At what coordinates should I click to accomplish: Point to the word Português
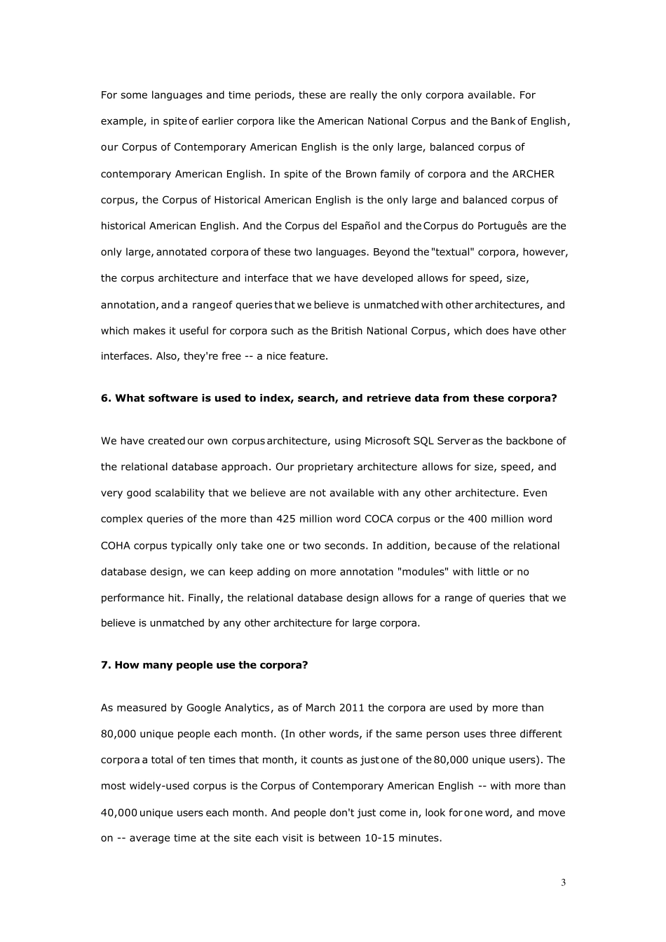pyautogui.click(x=503, y=226)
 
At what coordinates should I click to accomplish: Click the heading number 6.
pyautogui.click(x=106, y=398)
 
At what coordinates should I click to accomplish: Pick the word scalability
pyautogui.click(x=179, y=493)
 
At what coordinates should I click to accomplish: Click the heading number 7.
pyautogui.click(x=106, y=664)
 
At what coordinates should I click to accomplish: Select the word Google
pyautogui.click(x=203, y=708)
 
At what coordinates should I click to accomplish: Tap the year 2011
pyautogui.click(x=351, y=708)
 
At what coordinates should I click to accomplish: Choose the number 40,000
pyautogui.click(x=118, y=813)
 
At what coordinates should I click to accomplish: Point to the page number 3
pyautogui.click(x=563, y=882)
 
